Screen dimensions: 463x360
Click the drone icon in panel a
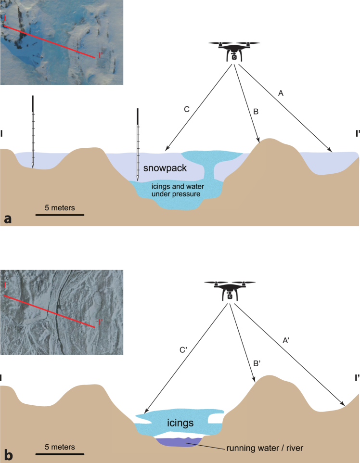point(234,51)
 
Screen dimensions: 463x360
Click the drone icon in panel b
point(230,290)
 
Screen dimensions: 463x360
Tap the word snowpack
point(165,168)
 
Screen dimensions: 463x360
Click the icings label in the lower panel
point(180,423)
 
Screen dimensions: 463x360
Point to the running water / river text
point(264,448)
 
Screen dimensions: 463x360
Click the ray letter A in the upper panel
point(281,94)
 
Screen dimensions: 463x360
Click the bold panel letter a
point(7,219)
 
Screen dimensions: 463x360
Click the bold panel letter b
point(7,454)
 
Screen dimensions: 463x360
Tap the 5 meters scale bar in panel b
point(60,453)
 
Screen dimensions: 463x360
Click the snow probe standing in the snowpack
point(138,144)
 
